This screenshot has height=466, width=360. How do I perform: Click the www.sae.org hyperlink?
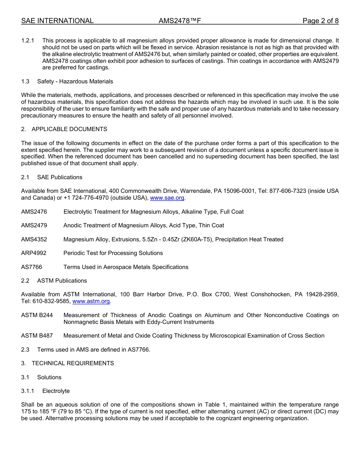coord(167,198)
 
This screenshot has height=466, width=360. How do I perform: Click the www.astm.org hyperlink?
coord(91,301)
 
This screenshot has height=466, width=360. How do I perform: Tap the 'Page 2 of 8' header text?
coord(320,21)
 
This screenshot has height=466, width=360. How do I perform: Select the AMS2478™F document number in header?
coord(180,21)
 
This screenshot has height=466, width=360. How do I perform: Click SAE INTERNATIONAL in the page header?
coord(57,21)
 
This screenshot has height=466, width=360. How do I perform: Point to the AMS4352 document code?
coord(34,239)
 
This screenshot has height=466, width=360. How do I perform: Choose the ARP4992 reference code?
coord(34,253)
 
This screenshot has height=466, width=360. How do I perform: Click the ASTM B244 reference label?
coord(37,315)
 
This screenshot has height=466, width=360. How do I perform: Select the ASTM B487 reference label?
coord(37,336)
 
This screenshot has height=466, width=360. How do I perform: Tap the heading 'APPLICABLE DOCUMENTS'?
coord(69,129)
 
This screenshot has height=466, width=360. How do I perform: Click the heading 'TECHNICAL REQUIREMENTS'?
coord(73,363)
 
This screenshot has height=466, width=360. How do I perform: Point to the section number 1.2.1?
coord(28,41)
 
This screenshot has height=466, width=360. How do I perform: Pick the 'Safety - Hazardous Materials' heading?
coord(75,81)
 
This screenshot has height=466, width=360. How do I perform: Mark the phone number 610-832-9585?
coord(52,301)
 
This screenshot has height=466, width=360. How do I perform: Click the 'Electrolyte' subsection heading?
coord(56,391)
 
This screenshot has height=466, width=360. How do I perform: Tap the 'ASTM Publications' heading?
coord(62,281)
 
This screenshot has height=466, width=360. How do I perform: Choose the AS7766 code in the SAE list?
coord(31,267)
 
